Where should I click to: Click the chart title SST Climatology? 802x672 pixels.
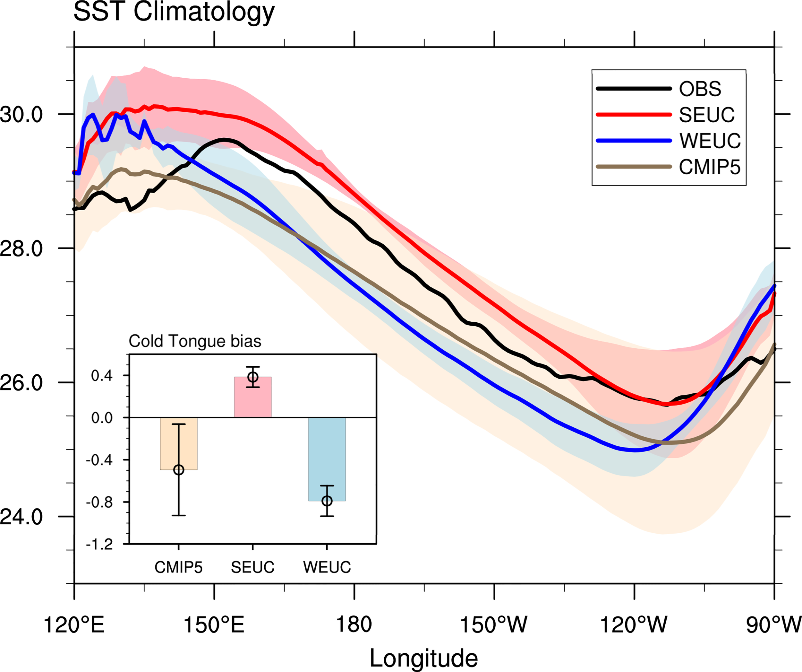(174, 12)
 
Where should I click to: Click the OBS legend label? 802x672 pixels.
(700, 89)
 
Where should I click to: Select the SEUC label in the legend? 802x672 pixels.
(706, 115)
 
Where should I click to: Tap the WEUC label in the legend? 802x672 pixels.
(710, 141)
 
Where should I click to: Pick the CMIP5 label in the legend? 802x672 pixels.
(710, 167)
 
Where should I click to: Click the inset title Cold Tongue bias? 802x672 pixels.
(195, 341)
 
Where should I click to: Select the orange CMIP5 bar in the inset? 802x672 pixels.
(179, 443)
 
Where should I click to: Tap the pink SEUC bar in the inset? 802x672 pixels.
(253, 397)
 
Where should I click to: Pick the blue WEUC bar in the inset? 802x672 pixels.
(327, 459)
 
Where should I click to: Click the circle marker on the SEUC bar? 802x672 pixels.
(253, 377)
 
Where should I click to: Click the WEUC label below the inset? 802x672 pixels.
(327, 567)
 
